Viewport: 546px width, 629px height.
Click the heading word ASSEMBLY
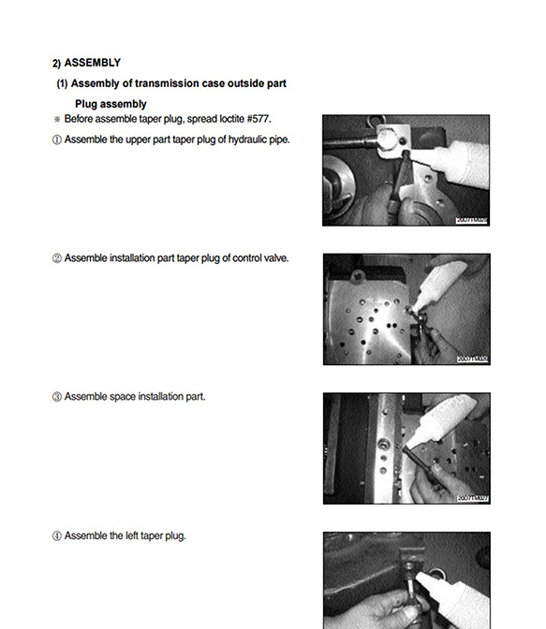click(92, 63)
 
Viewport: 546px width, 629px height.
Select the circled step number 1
click(56, 139)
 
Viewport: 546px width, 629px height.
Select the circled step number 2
click(56, 258)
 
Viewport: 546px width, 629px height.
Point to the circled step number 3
click(56, 397)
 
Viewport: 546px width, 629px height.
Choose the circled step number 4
click(56, 536)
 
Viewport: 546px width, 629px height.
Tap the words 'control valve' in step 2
click(260, 258)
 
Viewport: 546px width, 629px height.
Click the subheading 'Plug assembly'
click(111, 104)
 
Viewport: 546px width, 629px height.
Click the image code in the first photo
click(472, 220)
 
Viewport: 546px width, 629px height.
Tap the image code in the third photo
click(472, 498)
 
